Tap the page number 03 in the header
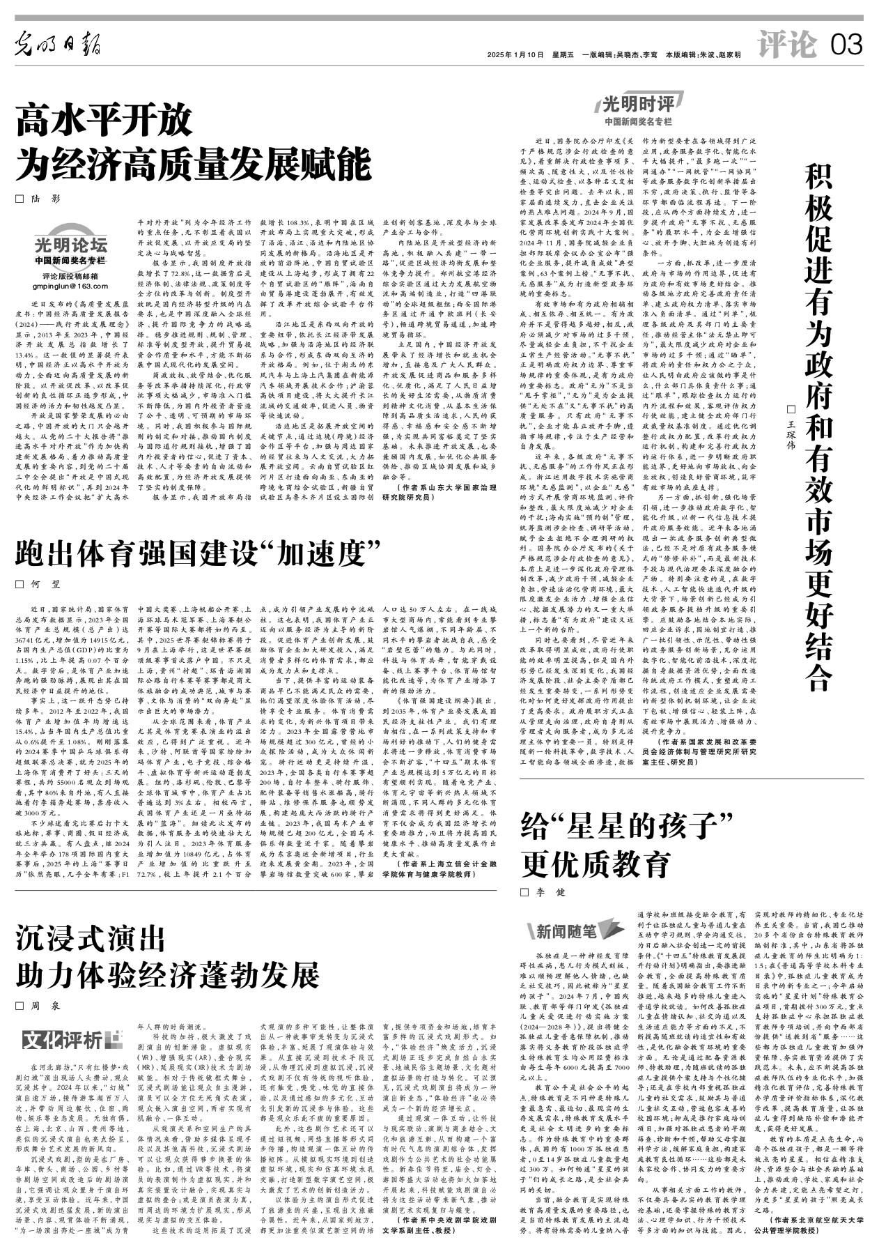pos(846,46)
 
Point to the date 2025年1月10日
pos(515,55)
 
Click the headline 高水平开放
pos(104,120)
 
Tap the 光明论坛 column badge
pos(71,245)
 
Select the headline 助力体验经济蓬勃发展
pos(168,976)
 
